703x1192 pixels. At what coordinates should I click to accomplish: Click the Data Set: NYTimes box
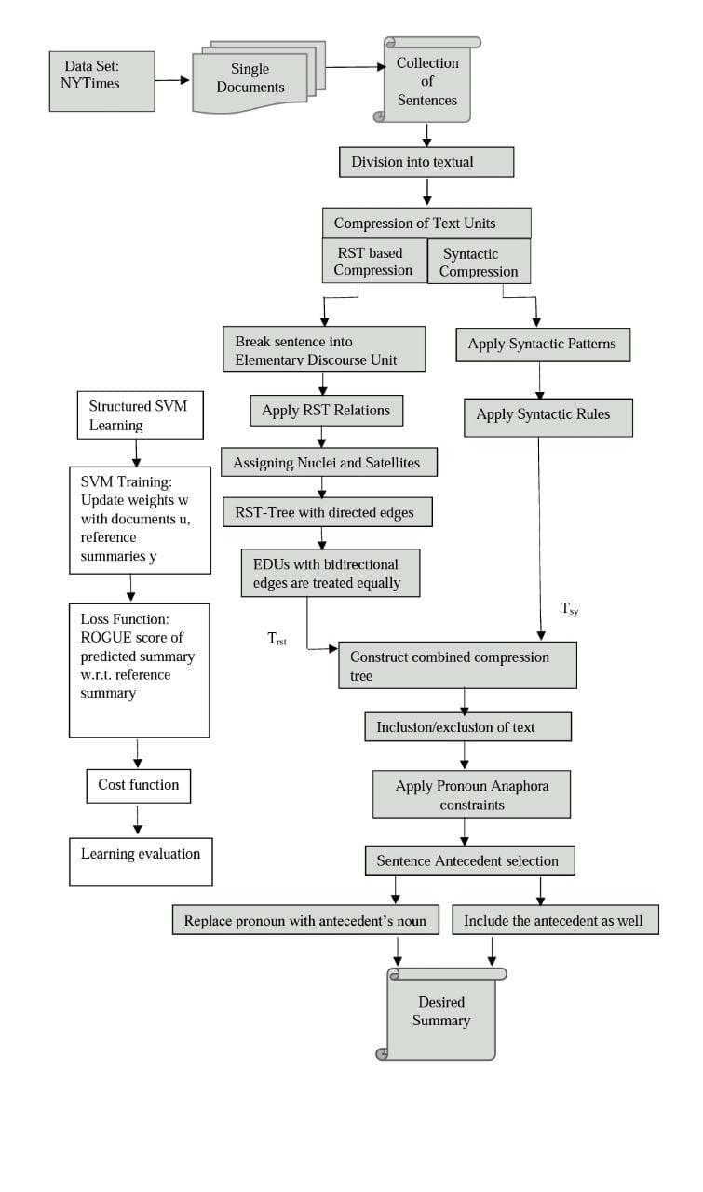click(x=101, y=81)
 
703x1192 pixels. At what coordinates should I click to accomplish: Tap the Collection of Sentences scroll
click(x=427, y=81)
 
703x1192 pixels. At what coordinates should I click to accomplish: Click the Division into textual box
click(x=426, y=162)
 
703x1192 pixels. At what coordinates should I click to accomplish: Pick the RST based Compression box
click(x=373, y=262)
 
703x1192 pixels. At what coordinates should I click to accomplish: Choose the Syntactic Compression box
click(x=479, y=262)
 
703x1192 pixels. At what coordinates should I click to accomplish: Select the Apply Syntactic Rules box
click(x=548, y=414)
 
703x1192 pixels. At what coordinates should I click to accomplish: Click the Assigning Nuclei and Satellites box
click(x=329, y=462)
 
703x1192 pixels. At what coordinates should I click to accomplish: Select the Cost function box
click(x=139, y=785)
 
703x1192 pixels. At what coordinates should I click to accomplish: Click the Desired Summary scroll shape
click(x=440, y=1013)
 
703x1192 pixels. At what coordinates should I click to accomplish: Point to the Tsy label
click(x=569, y=609)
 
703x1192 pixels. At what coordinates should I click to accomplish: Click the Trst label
click(x=277, y=639)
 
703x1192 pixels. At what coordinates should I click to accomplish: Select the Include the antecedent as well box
click(x=555, y=921)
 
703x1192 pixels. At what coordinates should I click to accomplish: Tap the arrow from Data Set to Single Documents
click(x=172, y=81)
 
